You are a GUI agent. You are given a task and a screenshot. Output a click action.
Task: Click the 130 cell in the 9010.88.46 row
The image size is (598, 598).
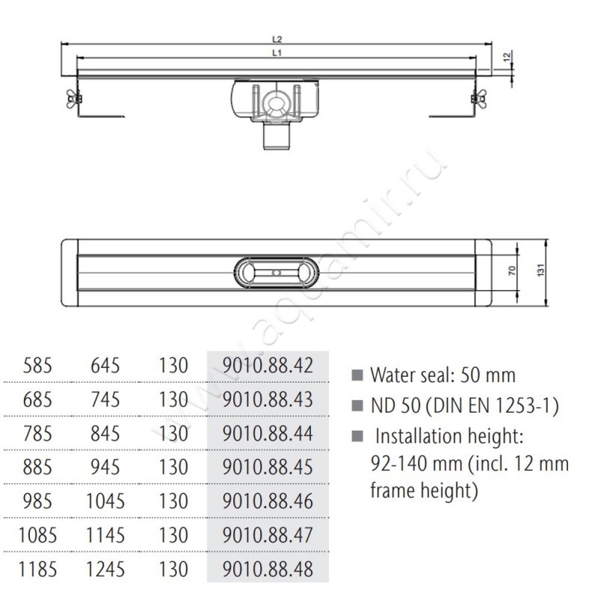[173, 500]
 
